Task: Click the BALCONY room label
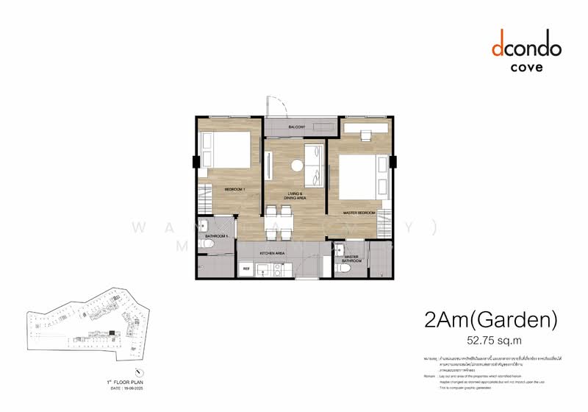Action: (x=297, y=127)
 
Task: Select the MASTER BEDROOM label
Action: (x=359, y=213)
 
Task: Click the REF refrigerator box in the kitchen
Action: (x=246, y=270)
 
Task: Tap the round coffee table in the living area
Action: (x=298, y=166)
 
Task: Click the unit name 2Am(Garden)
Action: (x=491, y=321)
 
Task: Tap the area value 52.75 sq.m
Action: (x=494, y=341)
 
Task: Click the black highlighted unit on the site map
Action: (x=111, y=333)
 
